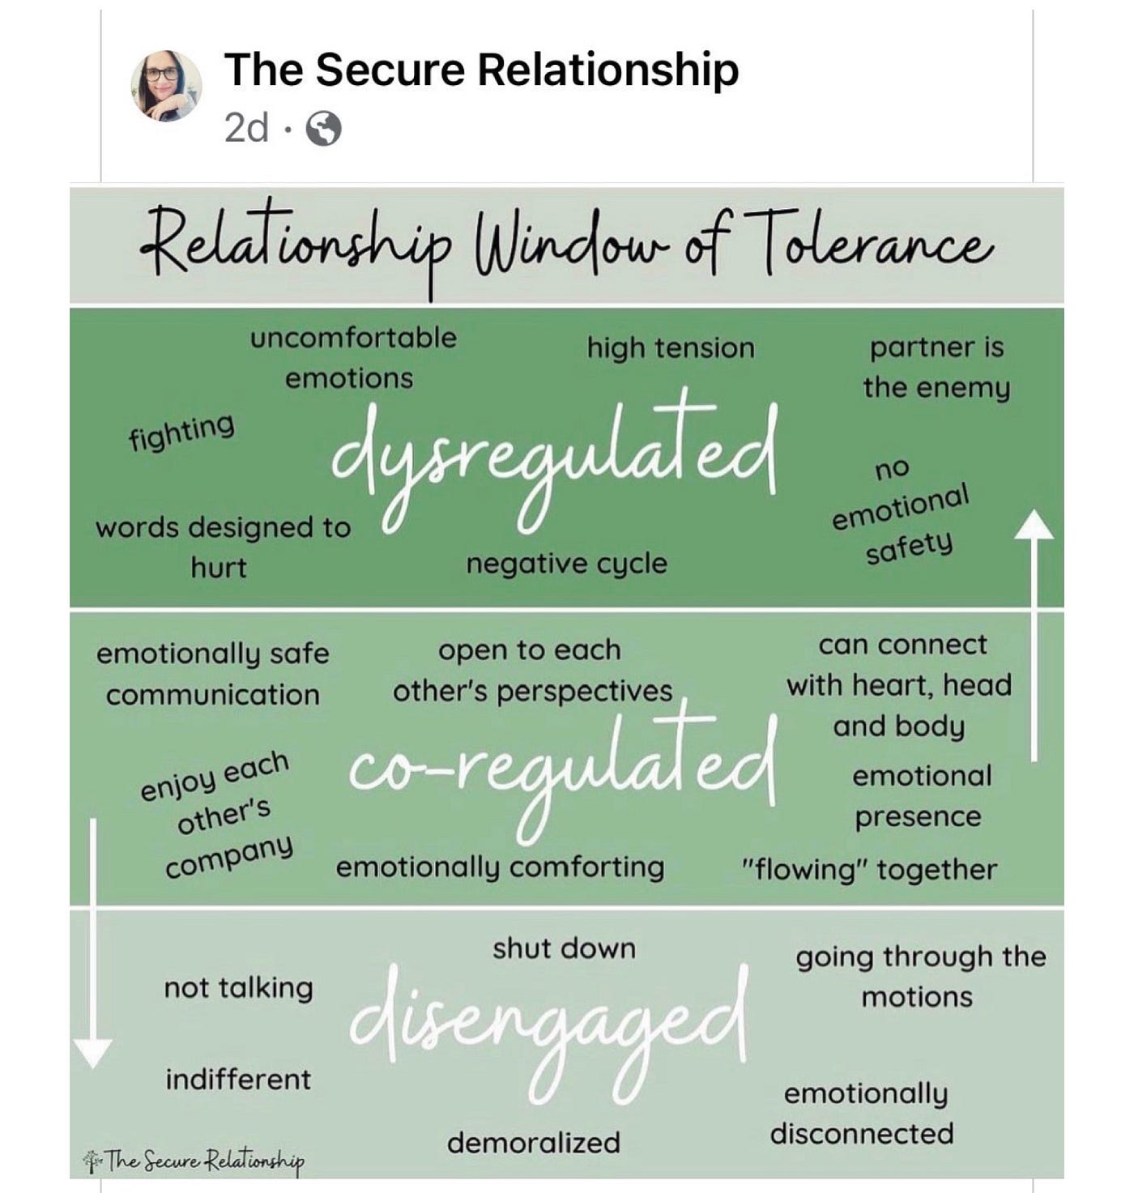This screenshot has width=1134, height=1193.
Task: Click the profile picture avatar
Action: pos(166,85)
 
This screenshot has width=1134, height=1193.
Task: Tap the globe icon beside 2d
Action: pos(323,129)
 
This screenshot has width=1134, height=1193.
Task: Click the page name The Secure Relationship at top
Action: pos(481,69)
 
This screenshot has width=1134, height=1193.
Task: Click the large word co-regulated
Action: pos(562,765)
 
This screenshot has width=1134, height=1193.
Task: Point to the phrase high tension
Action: pos(671,348)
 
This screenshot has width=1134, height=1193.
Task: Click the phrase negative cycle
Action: pos(566,564)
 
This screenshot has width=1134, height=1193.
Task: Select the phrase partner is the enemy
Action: pos(936,367)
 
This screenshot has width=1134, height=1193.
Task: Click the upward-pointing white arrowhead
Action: pos(1034,525)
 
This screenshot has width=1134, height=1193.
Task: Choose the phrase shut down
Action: pos(564,948)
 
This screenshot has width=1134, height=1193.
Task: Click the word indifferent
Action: pos(238,1080)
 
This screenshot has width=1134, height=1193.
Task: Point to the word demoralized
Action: pos(533,1143)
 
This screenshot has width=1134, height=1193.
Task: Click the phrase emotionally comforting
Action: pos(500,867)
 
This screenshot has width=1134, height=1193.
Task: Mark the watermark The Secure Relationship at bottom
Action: pos(194,1161)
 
